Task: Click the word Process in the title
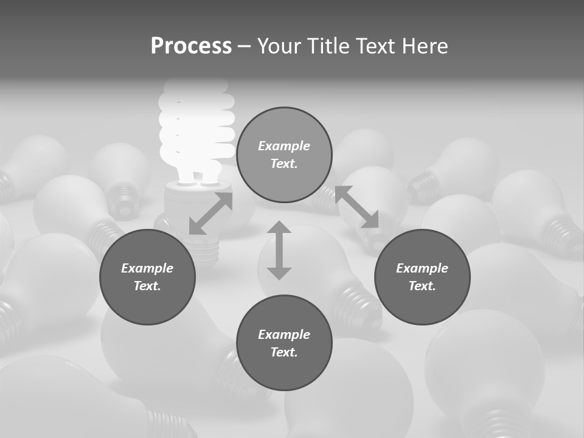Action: click(191, 46)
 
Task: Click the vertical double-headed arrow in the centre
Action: click(279, 250)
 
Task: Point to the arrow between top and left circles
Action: click(210, 214)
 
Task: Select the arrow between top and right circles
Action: click(357, 207)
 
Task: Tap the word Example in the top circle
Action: click(284, 146)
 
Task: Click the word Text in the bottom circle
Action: click(284, 352)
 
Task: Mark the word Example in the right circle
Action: click(422, 268)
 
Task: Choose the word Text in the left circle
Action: click(147, 286)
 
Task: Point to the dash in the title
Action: click(245, 46)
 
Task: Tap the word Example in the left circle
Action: click(147, 268)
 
